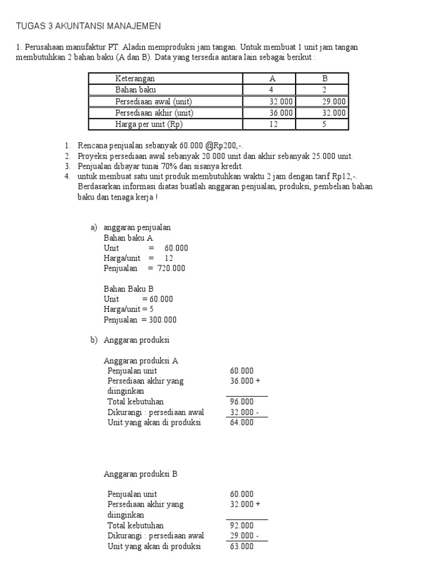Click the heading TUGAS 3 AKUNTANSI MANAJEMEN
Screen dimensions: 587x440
pos(88,26)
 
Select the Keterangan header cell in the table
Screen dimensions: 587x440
pos(135,79)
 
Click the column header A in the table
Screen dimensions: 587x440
pos(272,79)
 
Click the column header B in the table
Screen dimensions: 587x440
pos(324,79)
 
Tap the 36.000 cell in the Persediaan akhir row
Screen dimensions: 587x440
pos(281,113)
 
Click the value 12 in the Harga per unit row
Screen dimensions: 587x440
pos(273,124)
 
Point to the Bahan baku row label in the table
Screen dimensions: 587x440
pos(135,90)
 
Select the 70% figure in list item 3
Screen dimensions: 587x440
pos(172,166)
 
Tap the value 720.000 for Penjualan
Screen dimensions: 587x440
pos(171,268)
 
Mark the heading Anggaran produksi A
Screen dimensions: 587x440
pos(141,361)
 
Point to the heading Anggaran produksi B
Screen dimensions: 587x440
pos(141,474)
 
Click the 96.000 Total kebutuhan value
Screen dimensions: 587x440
pos(242,402)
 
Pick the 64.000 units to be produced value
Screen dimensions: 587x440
pos(242,422)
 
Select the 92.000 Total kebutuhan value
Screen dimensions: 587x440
pos(242,526)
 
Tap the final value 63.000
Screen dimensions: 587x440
pos(242,546)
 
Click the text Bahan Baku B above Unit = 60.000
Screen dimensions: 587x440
pos(129,289)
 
